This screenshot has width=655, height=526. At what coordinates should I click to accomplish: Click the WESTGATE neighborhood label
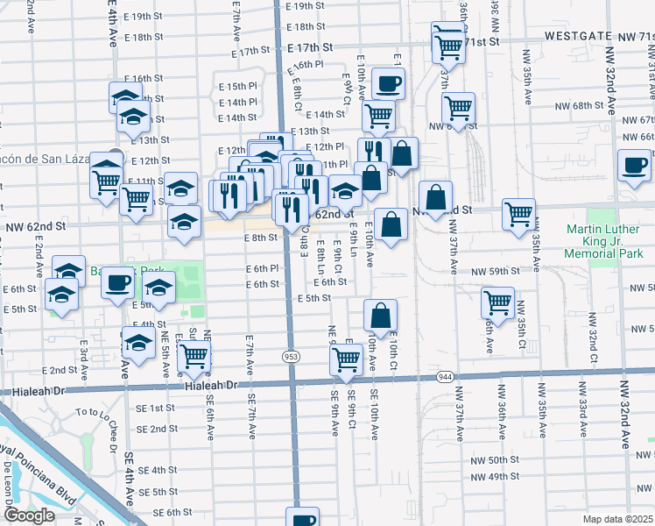pyautogui.click(x=581, y=37)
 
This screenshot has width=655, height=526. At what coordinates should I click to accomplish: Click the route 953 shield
pyautogui.click(x=291, y=357)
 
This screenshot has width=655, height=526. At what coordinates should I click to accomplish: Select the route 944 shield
pyautogui.click(x=446, y=376)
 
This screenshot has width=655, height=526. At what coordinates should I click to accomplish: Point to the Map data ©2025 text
pyautogui.click(x=618, y=519)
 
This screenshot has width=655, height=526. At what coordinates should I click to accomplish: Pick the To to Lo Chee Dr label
pyautogui.click(x=97, y=411)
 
